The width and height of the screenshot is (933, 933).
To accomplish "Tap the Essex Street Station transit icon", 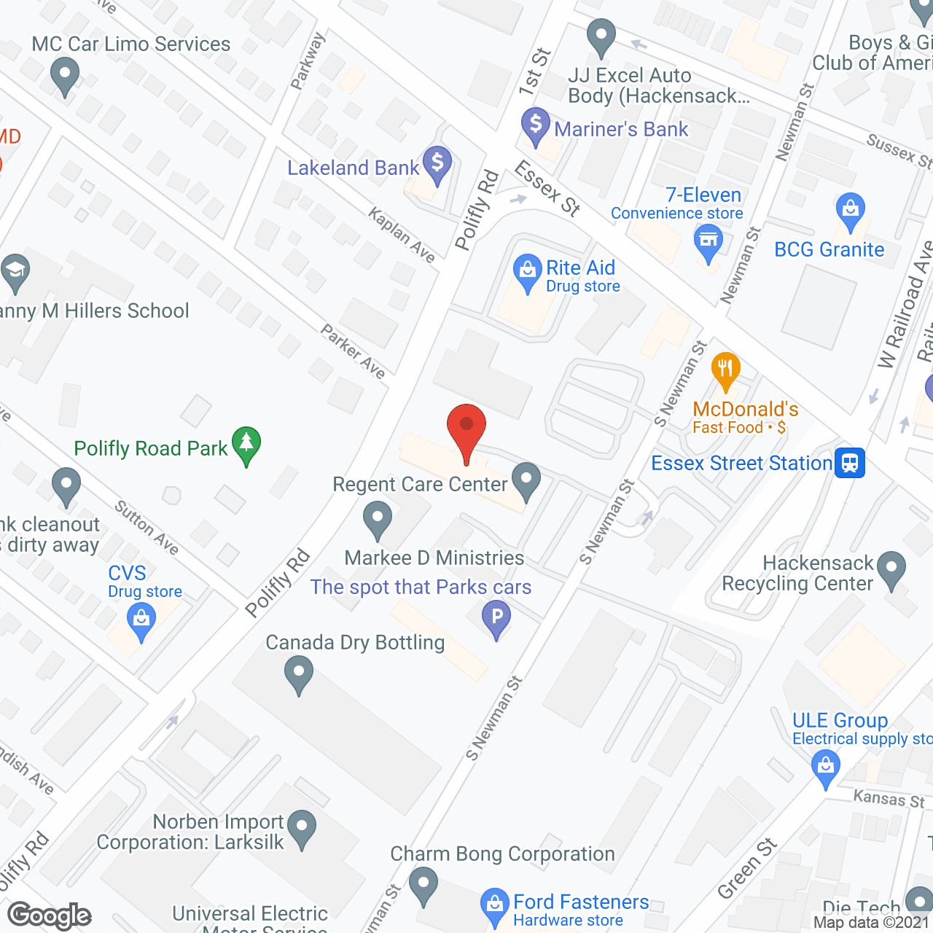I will coord(850,463).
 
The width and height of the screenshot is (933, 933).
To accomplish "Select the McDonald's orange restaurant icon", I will coord(725,370).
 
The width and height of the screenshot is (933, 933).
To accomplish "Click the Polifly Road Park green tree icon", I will coord(246,444).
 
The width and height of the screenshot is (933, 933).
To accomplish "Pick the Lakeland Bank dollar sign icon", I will coord(438,163).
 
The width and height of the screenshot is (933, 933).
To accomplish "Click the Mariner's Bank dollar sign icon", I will coord(536,125).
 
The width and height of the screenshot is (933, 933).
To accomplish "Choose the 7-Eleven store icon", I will coord(708,241).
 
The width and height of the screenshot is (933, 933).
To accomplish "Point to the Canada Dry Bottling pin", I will coord(298,673).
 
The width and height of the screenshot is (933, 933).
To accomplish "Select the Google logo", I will coord(50,916).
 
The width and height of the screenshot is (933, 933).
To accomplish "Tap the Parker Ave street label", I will coord(354,351).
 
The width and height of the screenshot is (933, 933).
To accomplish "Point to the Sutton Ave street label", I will coord(147,527).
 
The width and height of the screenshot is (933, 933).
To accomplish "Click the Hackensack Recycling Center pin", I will coord(891,569).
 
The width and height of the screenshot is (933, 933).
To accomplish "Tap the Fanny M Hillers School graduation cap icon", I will coord(15,270).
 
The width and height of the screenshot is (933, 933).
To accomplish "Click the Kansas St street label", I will coord(889,799).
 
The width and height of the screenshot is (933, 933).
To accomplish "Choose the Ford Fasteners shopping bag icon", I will coord(495,905).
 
